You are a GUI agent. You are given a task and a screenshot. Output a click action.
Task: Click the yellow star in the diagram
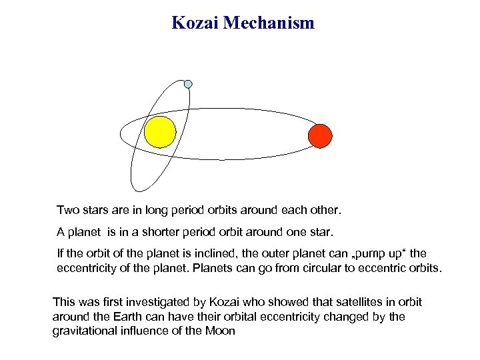pos(160,132)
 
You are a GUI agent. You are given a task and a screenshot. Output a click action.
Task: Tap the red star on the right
pos(320,135)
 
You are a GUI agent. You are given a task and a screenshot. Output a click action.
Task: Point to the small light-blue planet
pos(188,84)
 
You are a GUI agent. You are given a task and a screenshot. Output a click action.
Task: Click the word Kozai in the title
pos(195,23)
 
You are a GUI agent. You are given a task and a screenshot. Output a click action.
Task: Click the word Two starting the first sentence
pos(67,211)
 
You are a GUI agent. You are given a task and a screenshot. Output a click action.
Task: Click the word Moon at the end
pos(221,331)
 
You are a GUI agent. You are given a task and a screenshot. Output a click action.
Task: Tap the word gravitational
pos(83,331)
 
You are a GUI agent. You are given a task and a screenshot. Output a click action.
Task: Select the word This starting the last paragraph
pos(63,302)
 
